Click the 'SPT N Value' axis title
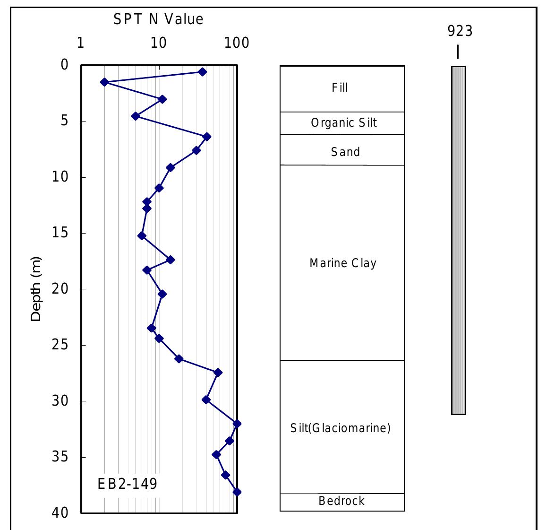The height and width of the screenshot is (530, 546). tap(158, 19)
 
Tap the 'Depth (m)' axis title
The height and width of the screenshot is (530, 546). tap(36, 289)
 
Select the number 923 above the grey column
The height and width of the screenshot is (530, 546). tap(460, 31)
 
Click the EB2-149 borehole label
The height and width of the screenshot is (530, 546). tap(127, 484)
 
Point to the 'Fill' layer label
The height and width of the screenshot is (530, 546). tap(340, 88)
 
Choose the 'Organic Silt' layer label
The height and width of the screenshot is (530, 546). tap(344, 123)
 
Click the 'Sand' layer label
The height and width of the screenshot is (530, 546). tap(345, 152)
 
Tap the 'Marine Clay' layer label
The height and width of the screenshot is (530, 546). tap(343, 263)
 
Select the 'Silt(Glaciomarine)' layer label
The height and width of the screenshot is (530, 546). tap(340, 428)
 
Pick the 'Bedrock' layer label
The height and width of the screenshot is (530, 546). tap(341, 501)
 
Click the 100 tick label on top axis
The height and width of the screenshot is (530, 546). tap(237, 43)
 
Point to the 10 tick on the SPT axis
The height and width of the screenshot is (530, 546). tap(159, 43)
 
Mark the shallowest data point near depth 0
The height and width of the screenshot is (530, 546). tap(202, 72)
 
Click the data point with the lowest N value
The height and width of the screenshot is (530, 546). tap(104, 82)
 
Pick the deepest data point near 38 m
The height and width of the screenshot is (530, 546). tap(237, 492)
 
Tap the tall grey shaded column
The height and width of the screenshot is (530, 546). tap(458, 240)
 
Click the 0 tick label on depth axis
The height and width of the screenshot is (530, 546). tap(64, 65)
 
